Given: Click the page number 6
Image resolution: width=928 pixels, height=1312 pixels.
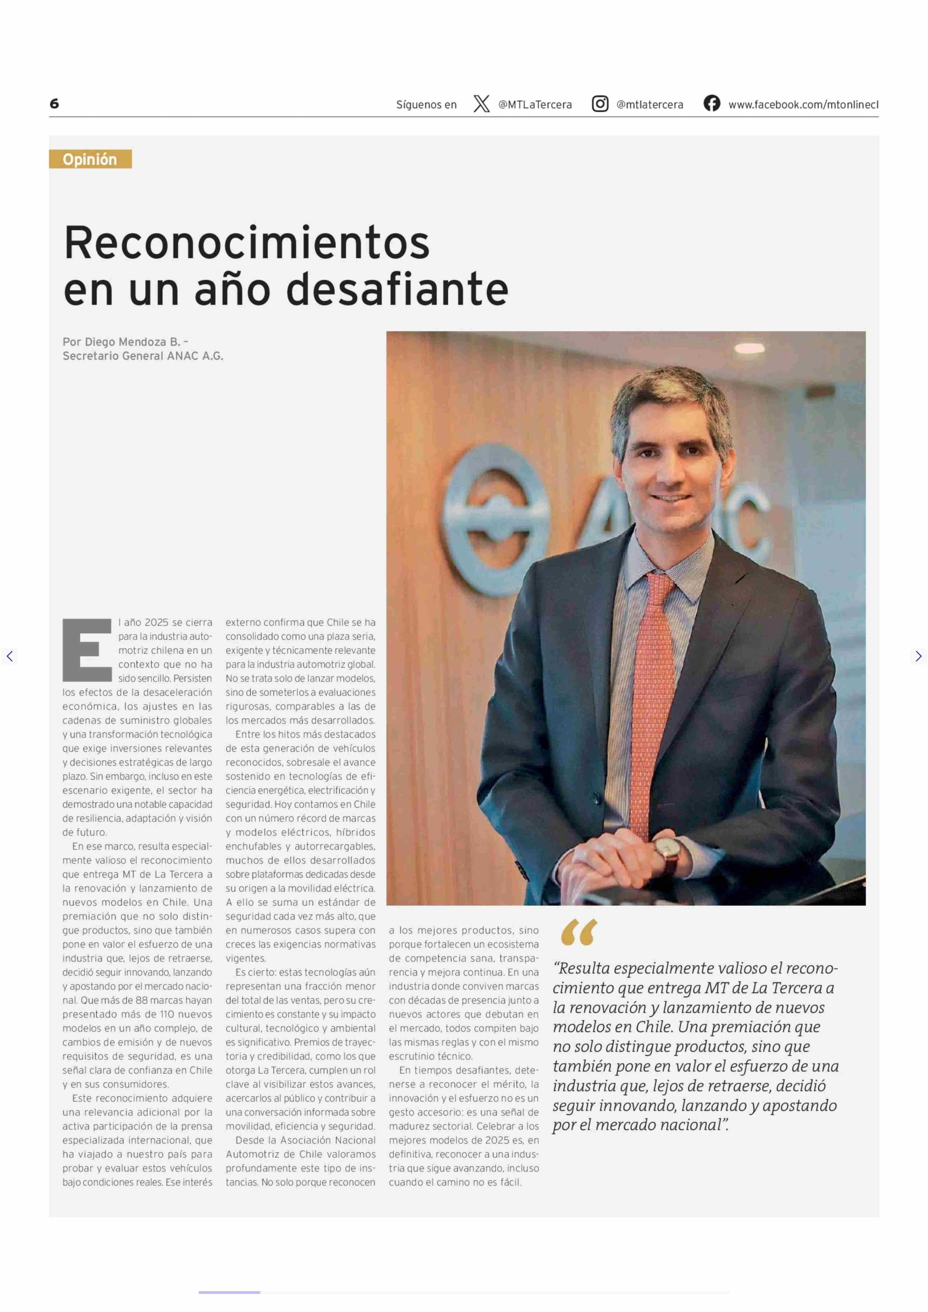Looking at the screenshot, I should (54, 103).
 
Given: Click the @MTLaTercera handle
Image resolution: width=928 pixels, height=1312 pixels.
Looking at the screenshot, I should (535, 105).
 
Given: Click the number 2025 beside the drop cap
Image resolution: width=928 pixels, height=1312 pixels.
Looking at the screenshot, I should (156, 622).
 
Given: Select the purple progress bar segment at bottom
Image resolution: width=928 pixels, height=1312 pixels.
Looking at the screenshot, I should (229, 1292).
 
